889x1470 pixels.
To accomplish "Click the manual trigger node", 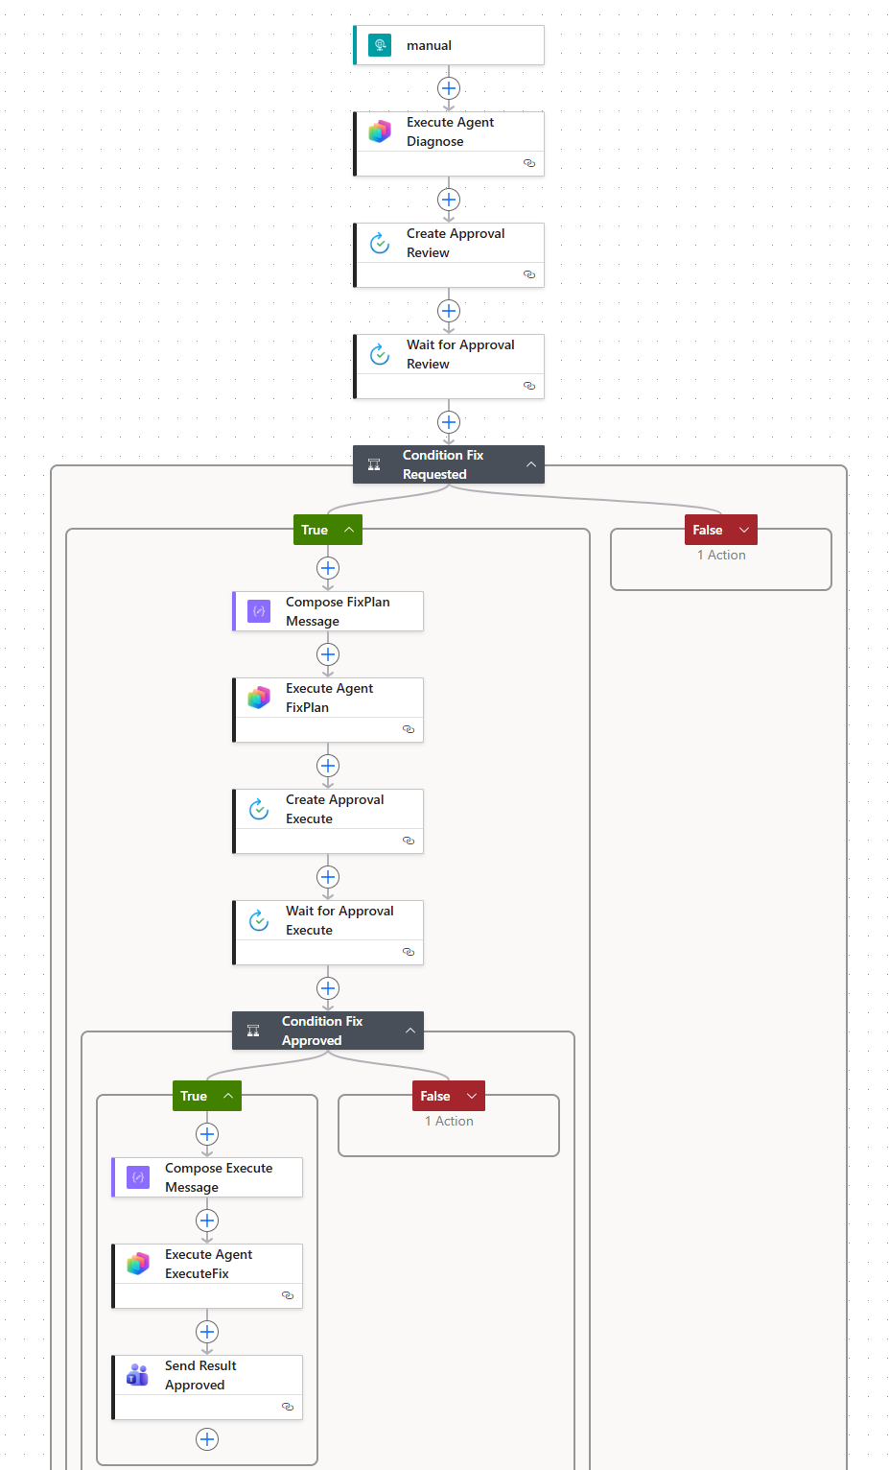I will click(x=448, y=45).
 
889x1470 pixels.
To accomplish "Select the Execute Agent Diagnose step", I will click(x=449, y=132).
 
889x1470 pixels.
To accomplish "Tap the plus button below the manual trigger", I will click(x=449, y=88).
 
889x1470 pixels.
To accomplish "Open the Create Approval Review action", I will click(x=449, y=244).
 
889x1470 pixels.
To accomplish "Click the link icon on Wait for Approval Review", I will click(x=529, y=386).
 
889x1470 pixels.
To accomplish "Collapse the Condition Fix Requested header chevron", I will click(x=531, y=464).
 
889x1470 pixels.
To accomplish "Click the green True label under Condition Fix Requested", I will click(x=316, y=530).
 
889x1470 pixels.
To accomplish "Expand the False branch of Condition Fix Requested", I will click(x=743, y=530).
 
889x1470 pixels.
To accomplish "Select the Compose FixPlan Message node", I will click(x=328, y=611).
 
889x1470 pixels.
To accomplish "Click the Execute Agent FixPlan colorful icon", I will click(x=259, y=698).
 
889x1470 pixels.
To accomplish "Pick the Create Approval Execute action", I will click(x=328, y=810).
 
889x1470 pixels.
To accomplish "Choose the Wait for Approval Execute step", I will click(x=328, y=921).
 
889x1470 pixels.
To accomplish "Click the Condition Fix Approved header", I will click(x=322, y=1031).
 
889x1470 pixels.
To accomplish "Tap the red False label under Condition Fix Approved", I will click(x=436, y=1096).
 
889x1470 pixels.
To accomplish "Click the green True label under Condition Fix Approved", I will click(x=195, y=1096).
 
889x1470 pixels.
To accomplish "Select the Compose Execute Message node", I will click(x=207, y=1177).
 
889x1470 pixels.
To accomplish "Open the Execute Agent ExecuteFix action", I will click(x=207, y=1265).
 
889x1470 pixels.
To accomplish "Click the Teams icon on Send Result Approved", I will click(x=138, y=1375).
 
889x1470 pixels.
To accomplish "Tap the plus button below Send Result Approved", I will click(x=207, y=1439).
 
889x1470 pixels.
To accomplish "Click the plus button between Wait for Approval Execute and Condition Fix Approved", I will click(x=328, y=988).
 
